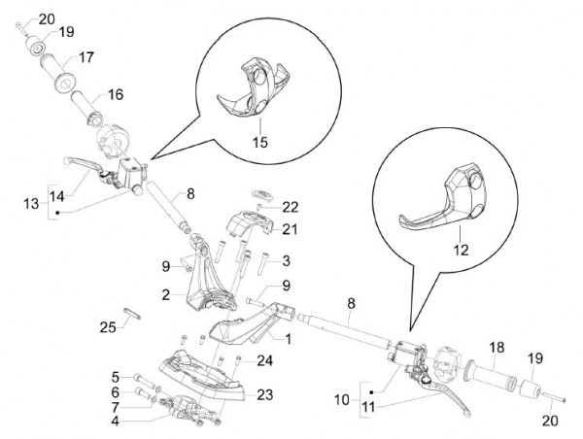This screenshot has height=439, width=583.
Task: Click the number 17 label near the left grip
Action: [x=86, y=56]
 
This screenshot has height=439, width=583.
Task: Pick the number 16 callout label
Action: [x=116, y=95]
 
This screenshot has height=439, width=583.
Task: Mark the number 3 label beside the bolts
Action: [x=286, y=260]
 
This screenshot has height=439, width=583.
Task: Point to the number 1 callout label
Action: [x=288, y=339]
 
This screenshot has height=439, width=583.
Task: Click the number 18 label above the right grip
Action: [x=497, y=347]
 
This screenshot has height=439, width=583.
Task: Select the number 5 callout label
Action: [x=114, y=377]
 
